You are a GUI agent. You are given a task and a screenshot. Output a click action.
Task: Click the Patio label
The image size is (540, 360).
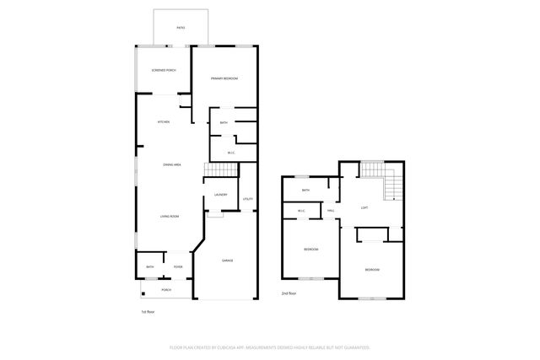181,27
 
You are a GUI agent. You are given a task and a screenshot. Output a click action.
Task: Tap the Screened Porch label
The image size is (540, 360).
164,70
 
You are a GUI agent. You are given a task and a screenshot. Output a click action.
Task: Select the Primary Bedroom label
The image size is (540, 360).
224,78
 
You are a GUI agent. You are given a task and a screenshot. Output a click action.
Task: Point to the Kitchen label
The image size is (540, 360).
164,122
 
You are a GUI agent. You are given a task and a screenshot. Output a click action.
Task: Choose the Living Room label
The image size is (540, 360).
170,217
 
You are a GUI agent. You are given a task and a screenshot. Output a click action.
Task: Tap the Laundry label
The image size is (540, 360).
221,195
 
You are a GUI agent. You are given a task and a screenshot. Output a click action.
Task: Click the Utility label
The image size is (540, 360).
248,199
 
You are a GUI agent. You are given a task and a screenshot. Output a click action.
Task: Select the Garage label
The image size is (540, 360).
227,261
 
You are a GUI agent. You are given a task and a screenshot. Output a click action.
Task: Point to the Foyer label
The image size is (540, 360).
178,267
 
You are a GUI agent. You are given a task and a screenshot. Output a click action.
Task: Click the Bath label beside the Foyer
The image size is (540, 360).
149,267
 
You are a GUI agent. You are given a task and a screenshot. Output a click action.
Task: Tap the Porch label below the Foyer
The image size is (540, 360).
166,289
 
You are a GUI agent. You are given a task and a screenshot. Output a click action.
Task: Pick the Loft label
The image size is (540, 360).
364,207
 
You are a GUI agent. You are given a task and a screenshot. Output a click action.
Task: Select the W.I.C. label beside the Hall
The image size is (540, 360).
301,211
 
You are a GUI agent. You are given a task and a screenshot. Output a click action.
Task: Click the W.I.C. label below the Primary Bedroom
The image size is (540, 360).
231,153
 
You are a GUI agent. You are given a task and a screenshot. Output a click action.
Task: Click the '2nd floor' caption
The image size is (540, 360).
289,293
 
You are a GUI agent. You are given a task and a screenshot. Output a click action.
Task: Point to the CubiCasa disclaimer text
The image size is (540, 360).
270,347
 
